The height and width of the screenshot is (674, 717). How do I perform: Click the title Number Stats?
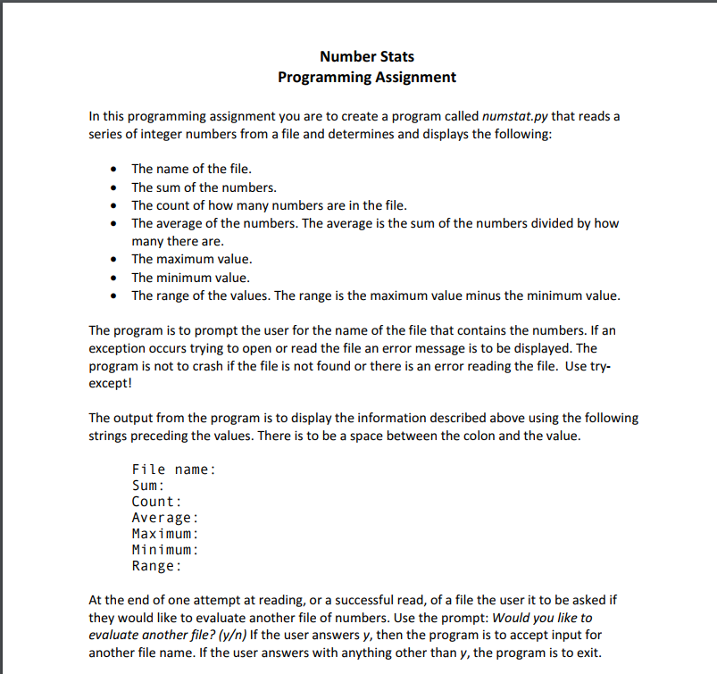(x=366, y=56)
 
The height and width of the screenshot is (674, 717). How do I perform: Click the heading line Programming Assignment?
(x=366, y=77)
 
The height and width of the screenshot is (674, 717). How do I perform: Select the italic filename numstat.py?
(x=515, y=116)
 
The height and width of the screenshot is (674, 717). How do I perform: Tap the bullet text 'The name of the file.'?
(x=191, y=168)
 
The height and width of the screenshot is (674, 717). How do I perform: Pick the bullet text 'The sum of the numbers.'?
(x=204, y=187)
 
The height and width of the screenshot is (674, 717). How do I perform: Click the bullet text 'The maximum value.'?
(x=191, y=259)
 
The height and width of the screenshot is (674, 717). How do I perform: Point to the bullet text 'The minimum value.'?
(x=190, y=278)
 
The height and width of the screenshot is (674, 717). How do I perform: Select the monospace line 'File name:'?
(x=173, y=469)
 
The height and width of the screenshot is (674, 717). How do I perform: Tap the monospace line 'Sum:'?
(x=147, y=485)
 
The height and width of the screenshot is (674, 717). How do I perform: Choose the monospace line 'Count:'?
(x=156, y=501)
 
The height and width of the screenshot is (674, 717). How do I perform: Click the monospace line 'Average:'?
(x=164, y=517)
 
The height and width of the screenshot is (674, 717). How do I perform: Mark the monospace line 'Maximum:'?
(x=164, y=533)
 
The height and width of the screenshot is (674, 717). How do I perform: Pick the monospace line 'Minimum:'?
(x=164, y=549)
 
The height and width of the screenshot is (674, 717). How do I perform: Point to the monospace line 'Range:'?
(x=156, y=565)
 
